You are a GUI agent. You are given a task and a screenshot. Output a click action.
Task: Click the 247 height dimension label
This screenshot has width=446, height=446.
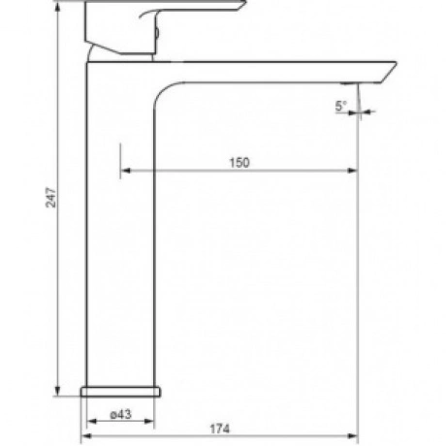51,197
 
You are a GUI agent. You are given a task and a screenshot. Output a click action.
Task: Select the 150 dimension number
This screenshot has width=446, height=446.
239,163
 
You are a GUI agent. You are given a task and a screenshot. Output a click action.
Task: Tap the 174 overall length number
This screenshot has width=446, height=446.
220,429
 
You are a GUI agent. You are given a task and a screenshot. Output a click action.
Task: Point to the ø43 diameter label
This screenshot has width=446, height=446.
121,414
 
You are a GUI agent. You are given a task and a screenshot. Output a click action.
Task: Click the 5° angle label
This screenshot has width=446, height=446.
340,106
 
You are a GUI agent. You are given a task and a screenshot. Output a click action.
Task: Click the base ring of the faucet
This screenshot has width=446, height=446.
120,392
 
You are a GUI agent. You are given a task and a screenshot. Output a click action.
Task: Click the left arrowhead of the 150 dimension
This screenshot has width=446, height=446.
125,171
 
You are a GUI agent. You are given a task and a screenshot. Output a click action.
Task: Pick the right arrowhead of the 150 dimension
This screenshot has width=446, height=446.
352,171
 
